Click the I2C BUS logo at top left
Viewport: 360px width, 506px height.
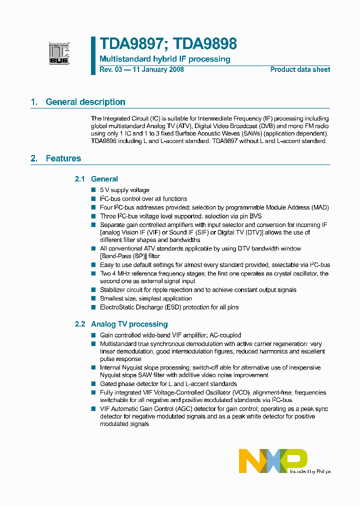(59, 53)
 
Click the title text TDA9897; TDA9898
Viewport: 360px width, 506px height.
(168, 44)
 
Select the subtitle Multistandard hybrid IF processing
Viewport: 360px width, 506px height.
(165, 59)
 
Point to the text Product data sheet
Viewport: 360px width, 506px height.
(300, 69)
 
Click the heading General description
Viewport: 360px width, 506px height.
(85, 102)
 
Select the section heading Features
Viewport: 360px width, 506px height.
(63, 158)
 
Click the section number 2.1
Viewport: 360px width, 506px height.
(80, 179)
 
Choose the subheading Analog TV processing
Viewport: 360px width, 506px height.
(129, 324)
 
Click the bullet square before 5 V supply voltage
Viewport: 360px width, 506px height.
(93, 190)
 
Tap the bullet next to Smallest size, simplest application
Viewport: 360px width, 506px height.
(93, 298)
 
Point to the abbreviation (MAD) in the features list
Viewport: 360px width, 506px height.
(320, 207)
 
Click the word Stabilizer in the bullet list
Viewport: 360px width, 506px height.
(113, 290)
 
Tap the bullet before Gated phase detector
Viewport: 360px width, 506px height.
(93, 384)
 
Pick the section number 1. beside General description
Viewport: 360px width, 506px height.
(34, 102)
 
